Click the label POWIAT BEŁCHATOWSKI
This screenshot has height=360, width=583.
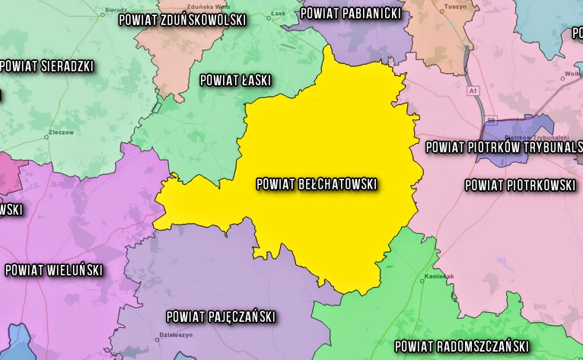pos(317,183)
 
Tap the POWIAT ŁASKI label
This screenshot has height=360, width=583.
pos(235,80)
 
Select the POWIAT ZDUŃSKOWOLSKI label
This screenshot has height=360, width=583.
pos(183,21)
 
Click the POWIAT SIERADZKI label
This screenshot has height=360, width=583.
pos(47,66)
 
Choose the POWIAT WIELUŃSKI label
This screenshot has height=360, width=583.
pos(53,269)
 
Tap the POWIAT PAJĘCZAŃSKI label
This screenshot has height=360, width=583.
pos(221,317)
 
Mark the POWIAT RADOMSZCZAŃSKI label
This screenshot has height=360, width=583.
pos(461,345)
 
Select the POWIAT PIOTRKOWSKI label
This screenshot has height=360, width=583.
pos(520,185)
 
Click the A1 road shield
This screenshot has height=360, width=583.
pos(474,91)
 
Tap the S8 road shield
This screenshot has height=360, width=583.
pos(492,120)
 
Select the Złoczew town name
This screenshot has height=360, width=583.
pos(60,131)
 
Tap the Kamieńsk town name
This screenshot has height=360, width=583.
pos(439,276)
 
